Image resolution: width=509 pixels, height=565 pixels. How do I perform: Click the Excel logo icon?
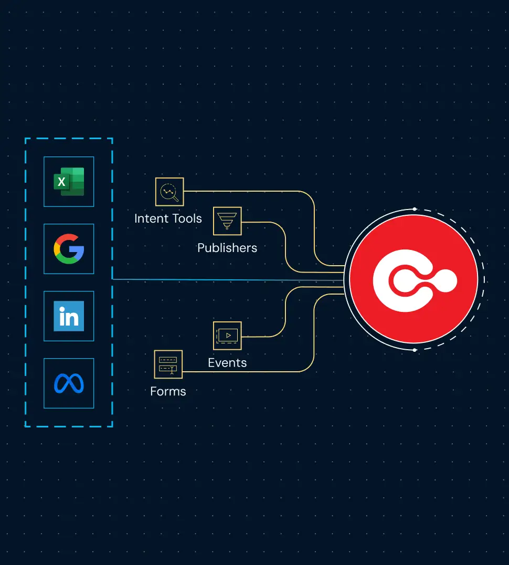69,182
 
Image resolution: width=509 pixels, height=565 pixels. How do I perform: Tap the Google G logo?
69,249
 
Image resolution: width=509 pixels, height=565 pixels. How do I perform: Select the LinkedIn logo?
69,316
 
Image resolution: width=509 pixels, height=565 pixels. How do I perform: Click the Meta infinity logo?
69,383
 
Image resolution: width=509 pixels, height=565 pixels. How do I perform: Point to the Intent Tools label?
168,218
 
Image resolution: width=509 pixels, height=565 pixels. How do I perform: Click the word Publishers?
227,248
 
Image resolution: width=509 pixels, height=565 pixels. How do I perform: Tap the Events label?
227,363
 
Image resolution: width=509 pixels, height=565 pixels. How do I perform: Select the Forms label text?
168,391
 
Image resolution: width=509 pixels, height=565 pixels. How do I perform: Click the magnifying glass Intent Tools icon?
169,192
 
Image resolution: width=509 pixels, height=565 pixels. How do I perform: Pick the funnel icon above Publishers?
227,221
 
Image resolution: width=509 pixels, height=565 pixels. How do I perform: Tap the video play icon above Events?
227,336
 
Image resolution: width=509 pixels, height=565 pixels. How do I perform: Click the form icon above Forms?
168,364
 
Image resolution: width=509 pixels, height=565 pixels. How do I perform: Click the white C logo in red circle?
413,279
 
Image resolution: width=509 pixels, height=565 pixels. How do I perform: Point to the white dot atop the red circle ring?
415,209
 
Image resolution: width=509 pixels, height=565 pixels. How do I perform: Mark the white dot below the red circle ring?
415,350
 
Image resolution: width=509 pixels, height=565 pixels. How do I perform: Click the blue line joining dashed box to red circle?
226,280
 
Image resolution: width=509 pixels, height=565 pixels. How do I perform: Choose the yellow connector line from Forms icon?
247,372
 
